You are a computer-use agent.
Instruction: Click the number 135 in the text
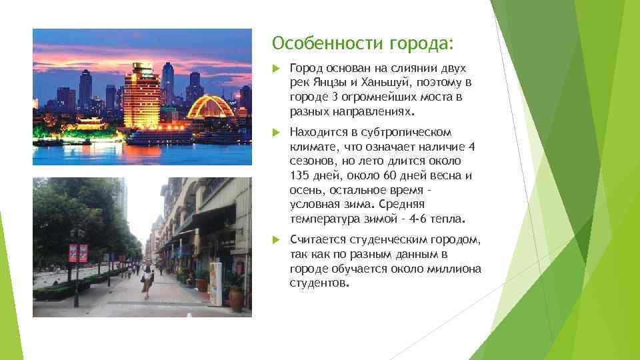coord(299,176)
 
